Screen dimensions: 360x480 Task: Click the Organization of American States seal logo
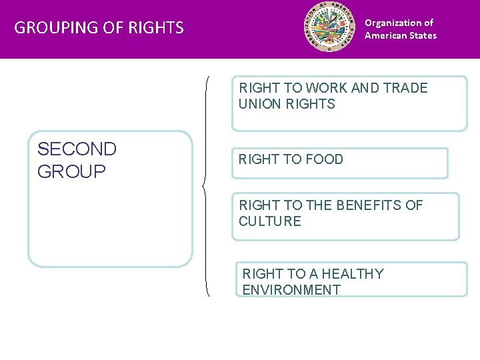tap(330, 28)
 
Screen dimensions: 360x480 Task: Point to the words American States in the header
tap(400, 35)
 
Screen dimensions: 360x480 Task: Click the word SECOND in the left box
tap(77, 149)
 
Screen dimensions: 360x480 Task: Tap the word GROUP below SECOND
tap(71, 171)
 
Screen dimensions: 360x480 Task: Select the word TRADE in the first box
tap(405, 88)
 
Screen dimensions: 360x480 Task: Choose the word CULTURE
tap(270, 221)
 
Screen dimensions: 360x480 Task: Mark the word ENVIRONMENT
tap(291, 290)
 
